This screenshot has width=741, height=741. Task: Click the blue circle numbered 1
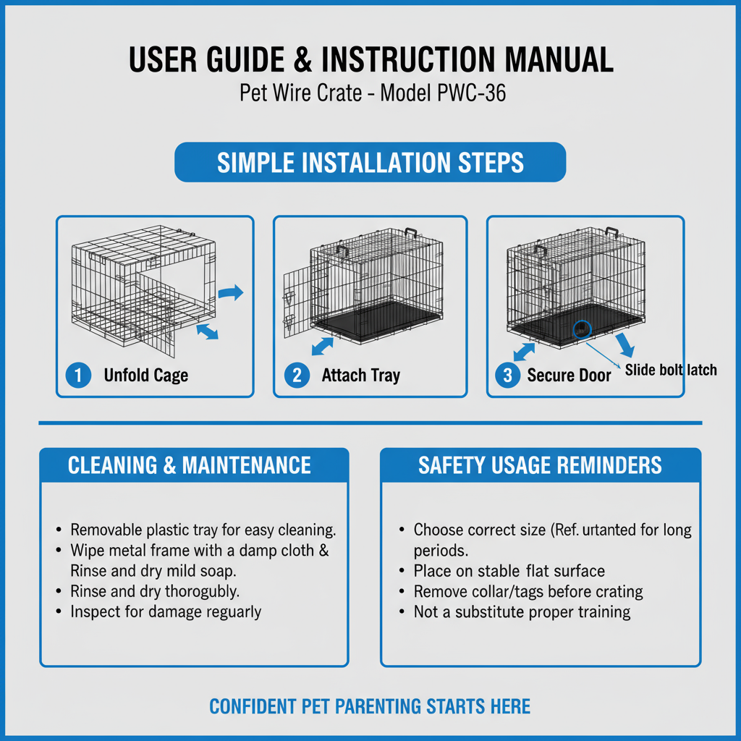78,376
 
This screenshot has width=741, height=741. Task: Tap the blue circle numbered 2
297,376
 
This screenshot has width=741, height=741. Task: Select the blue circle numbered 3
507,376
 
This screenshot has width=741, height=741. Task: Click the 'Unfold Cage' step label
146,376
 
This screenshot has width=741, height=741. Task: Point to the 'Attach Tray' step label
361,376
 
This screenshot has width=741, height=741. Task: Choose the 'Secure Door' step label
569,376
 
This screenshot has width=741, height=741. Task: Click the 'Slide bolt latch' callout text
671,370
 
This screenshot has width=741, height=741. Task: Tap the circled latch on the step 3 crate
582,329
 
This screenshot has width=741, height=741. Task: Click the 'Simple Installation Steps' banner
370,162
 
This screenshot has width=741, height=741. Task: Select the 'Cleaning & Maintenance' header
190,465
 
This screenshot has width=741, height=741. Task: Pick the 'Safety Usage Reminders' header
540,465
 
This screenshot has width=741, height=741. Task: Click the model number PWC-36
472,93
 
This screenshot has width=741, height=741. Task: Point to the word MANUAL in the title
559,59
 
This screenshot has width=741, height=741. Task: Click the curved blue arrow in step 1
231,293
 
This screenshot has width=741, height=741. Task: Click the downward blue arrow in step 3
624,345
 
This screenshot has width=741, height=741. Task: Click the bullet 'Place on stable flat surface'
509,571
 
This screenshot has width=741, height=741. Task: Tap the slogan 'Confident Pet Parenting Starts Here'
370,706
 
